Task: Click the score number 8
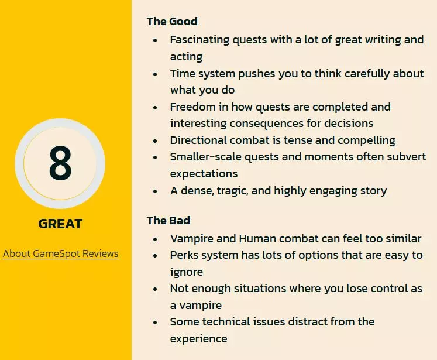tap(60, 163)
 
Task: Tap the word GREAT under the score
tap(60, 224)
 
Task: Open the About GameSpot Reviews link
tap(60, 254)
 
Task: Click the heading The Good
tap(172, 22)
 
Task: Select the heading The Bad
tap(168, 221)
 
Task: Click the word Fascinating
tap(199, 40)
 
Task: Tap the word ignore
tap(187, 272)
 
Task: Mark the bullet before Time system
tap(155, 74)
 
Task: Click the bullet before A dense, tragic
tap(155, 191)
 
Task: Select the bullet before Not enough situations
tap(155, 289)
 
